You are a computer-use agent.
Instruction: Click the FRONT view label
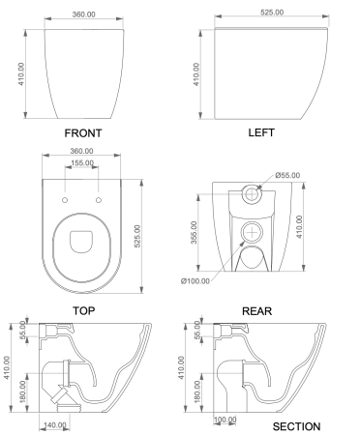[82, 132]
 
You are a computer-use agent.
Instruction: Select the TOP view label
[82, 310]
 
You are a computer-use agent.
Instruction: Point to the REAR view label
[256, 310]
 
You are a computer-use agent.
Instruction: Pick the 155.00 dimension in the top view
[82, 163]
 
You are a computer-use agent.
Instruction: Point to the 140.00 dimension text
[55, 424]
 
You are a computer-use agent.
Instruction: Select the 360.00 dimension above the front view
[82, 14]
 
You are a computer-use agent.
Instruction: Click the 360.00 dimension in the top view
[82, 151]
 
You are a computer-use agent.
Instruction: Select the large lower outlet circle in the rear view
[253, 232]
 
